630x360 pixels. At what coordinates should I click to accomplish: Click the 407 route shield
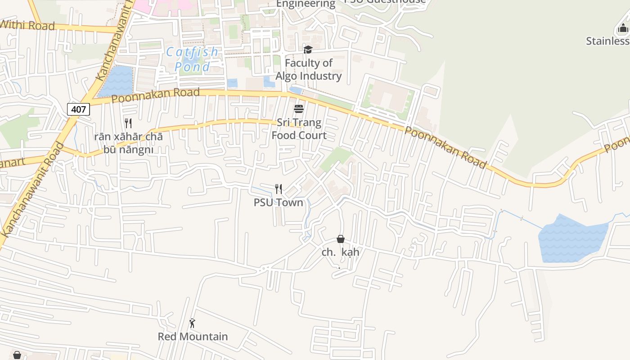click(78, 109)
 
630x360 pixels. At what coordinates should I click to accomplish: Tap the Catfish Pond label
click(193, 59)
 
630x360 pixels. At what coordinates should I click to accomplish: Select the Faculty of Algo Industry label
click(308, 69)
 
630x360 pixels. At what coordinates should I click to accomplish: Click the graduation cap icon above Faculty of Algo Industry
click(308, 49)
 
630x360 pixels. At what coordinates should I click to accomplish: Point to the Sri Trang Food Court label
click(299, 129)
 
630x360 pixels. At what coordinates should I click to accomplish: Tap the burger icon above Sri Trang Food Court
click(299, 109)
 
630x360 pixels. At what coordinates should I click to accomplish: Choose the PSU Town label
click(278, 202)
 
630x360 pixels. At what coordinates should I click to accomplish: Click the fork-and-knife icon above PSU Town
click(279, 189)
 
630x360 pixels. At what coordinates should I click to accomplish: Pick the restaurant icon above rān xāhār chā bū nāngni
click(128, 123)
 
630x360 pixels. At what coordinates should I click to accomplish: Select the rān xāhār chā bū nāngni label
click(128, 143)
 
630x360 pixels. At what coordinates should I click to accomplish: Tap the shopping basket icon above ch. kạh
click(341, 239)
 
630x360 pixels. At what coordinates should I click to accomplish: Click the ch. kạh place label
click(341, 252)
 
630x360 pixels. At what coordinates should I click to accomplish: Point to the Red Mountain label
click(193, 337)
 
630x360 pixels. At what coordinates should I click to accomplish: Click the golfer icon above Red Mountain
click(193, 323)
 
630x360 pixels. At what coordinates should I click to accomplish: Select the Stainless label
click(607, 41)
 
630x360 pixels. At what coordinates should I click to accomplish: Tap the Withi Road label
click(27, 25)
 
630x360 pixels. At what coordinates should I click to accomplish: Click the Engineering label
click(306, 4)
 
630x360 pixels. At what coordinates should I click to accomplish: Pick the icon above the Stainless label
click(623, 28)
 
